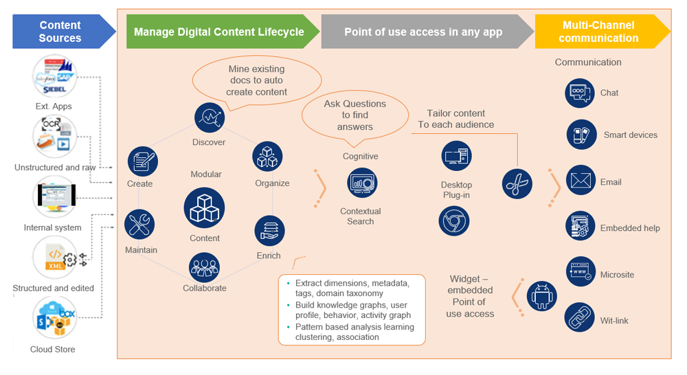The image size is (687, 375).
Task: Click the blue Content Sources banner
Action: pos(60,32)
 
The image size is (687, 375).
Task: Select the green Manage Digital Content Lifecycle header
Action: pos(218,32)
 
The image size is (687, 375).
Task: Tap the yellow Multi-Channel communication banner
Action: pos(598,32)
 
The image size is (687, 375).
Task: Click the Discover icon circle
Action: pos(210,118)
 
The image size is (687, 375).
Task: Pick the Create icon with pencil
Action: pos(143,161)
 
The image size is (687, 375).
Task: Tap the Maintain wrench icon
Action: pos(140,225)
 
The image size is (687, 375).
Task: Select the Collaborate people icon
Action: pos(204,268)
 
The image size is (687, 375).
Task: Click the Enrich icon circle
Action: pos(269,231)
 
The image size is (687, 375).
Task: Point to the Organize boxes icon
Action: pos(268,157)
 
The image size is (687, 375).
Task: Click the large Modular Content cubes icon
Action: pos(204,207)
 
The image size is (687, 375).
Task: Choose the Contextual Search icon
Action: pos(361,183)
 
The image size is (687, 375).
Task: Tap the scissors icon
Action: pos(516,183)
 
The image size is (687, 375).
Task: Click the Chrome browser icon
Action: pos(454,221)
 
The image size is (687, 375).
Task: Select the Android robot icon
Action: pos(541,297)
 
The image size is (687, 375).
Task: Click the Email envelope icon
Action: pos(581,181)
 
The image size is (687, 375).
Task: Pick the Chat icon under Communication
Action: pos(581,93)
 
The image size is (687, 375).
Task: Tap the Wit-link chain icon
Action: pos(579,318)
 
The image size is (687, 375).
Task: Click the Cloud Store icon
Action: pos(54,319)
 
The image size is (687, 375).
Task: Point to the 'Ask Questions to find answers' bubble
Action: pos(354,115)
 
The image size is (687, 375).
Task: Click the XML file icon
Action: pos(55,258)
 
